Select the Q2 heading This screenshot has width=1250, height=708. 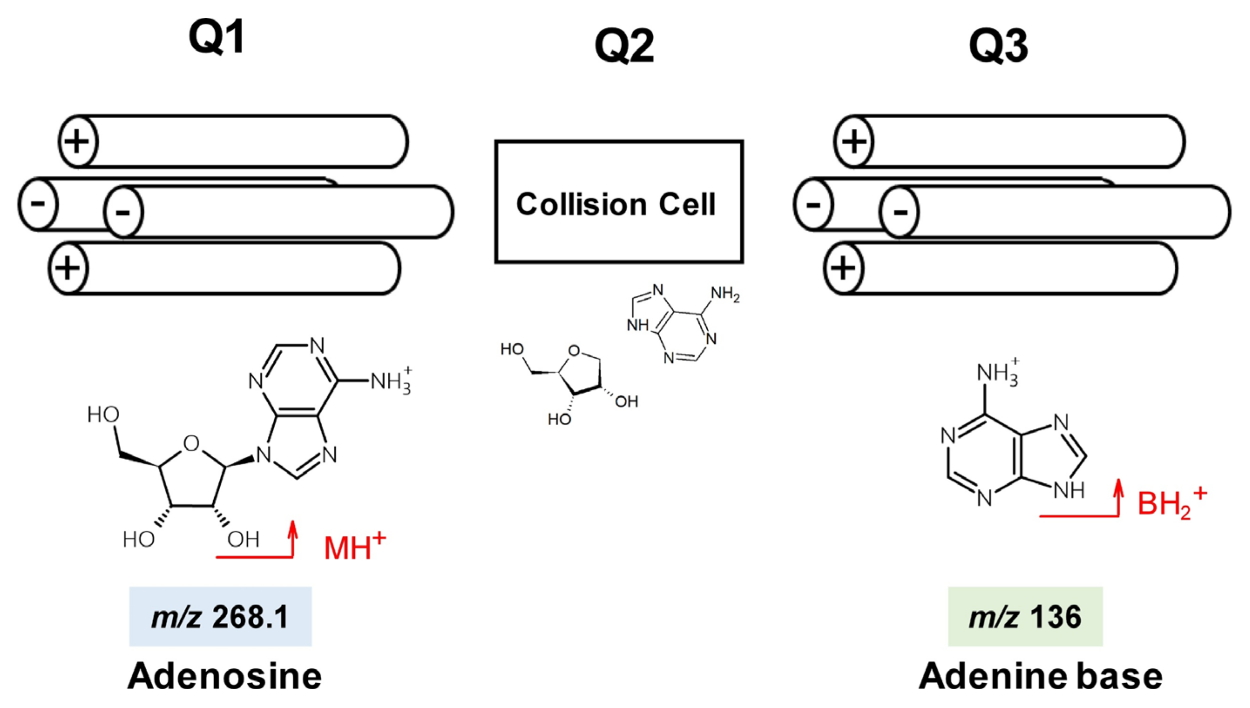pyautogui.click(x=624, y=46)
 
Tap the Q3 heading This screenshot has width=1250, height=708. pyautogui.click(x=998, y=46)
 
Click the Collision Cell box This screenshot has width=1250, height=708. pyautogui.click(x=618, y=202)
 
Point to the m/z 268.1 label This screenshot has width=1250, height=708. pyautogui.click(x=220, y=617)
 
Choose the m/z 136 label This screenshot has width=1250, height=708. pyautogui.click(x=1025, y=617)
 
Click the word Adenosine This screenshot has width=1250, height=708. pyautogui.click(x=224, y=676)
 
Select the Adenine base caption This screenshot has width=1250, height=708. pyautogui.click(x=1040, y=676)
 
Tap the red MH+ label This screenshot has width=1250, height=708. pyautogui.click(x=354, y=547)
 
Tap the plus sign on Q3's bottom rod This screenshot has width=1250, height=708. pyautogui.click(x=843, y=268)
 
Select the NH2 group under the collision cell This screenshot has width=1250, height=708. pyautogui.click(x=725, y=294)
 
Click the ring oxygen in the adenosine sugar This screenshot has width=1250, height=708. pyautogui.click(x=191, y=444)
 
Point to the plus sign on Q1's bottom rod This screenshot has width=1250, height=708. pyautogui.click(x=67, y=268)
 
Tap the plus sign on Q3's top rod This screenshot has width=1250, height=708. pyautogui.click(x=853, y=142)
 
